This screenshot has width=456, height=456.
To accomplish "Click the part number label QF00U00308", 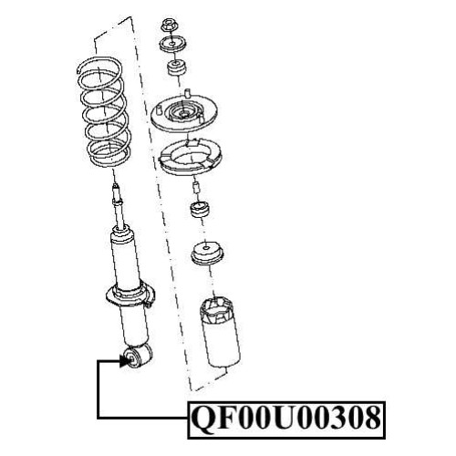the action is [286, 420].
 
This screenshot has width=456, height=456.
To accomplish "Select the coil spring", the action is [103, 112].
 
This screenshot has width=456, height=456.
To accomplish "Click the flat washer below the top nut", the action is [172, 45].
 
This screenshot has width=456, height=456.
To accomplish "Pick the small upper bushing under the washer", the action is [177, 69].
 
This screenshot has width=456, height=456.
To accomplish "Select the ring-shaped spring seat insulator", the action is [191, 158].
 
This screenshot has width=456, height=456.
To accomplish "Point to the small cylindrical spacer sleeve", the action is [196, 188].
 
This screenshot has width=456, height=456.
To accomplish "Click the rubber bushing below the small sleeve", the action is [200, 210].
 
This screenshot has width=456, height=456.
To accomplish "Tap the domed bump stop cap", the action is [208, 254].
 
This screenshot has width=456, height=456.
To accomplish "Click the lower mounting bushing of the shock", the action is [139, 357].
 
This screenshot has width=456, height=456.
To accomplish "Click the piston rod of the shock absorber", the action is [119, 207].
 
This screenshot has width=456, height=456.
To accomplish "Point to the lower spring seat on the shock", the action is [130, 296].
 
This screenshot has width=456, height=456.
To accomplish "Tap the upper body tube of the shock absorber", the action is [125, 258].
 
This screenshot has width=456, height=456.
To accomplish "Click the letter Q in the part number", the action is [203, 419].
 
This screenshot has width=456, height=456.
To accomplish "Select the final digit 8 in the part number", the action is [370, 418].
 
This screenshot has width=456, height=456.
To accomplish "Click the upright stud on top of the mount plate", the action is [188, 93].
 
